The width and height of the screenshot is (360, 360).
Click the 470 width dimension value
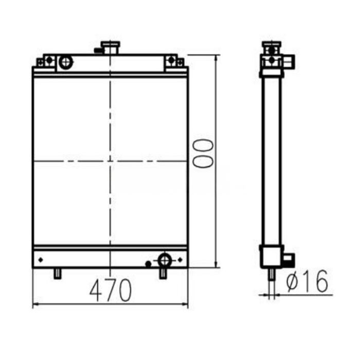click(x=110, y=291)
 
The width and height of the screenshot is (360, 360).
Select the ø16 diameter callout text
click(x=307, y=281)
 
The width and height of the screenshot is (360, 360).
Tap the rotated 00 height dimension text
click(x=202, y=152)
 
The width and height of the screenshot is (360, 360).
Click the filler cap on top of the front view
click(x=110, y=48)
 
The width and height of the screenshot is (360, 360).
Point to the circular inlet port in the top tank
click(x=66, y=62)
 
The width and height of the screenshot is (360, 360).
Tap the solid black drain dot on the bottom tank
click(x=148, y=264)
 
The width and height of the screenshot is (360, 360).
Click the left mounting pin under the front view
click(x=58, y=273)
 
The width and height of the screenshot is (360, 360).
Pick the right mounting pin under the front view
click(x=163, y=273)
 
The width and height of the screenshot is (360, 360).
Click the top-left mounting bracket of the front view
click(x=45, y=61)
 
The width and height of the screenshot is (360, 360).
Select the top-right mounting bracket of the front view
click(x=174, y=61)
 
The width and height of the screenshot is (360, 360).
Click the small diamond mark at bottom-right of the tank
click(x=180, y=259)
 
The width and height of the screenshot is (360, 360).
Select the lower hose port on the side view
click(x=288, y=258)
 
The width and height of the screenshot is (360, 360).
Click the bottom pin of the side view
click(x=271, y=275)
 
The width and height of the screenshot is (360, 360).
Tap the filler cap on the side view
click(x=271, y=47)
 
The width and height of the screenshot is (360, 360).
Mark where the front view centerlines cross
click(x=110, y=161)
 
